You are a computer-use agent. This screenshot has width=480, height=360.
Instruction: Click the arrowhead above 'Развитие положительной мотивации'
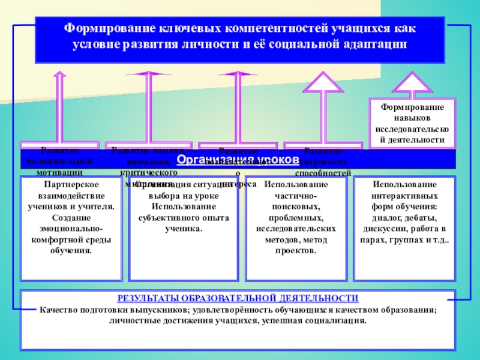59,75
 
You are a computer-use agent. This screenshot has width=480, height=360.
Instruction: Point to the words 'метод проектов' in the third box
296,244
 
